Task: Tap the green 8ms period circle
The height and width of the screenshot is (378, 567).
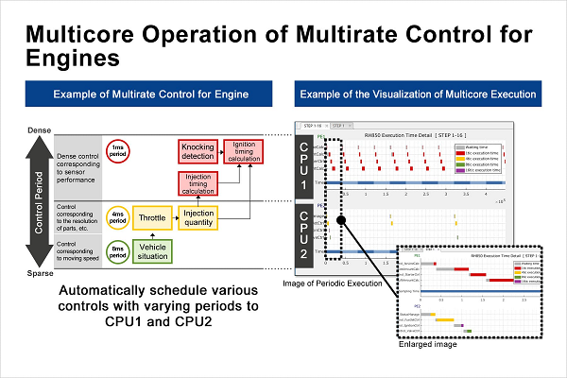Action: (x=118, y=250)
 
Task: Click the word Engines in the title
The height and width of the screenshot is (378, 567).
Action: (x=73, y=59)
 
